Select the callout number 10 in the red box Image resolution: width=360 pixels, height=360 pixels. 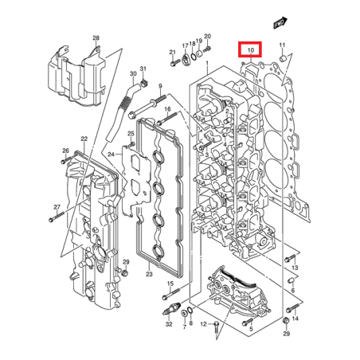tap(250, 50)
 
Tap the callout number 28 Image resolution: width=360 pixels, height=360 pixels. tap(96, 38)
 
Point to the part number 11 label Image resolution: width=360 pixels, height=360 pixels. tap(282, 45)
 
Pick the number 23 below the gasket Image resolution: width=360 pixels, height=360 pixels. tap(149, 274)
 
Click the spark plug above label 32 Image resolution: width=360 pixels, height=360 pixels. tap(168, 306)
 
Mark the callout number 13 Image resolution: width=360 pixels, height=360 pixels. tap(294, 268)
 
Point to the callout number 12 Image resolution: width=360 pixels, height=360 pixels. tap(204, 323)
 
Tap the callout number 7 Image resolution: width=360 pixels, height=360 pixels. tap(185, 325)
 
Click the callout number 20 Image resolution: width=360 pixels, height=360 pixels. tap(207, 37)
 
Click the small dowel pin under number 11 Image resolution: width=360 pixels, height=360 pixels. tap(282, 57)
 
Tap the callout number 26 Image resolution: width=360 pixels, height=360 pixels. tap(66, 151)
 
